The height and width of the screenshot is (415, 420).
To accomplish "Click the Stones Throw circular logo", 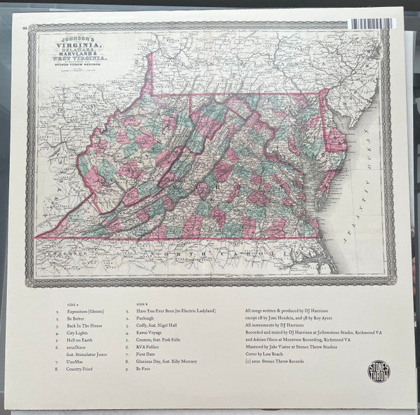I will tap(379, 371).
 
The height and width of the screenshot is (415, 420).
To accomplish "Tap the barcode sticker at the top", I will tap(379, 22).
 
